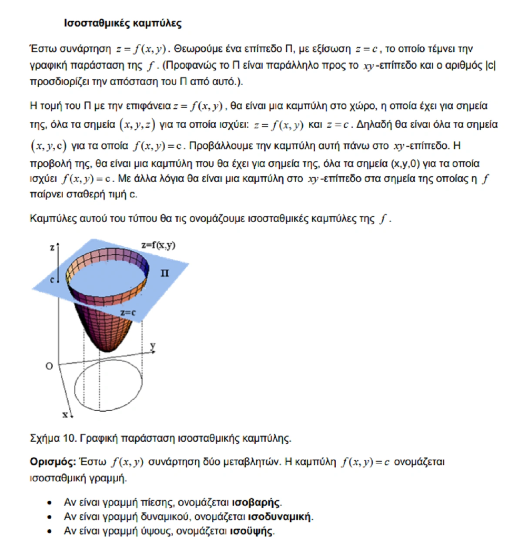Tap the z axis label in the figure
(x=52, y=248)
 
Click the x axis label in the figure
(x=65, y=415)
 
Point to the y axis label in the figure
(x=153, y=346)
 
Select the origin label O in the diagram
(x=49, y=366)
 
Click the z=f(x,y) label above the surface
(x=158, y=245)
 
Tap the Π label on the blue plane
(x=164, y=273)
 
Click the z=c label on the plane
(x=128, y=313)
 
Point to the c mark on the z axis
(x=52, y=280)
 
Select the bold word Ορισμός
(x=53, y=462)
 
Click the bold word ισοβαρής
(x=256, y=503)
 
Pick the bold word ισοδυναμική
(x=280, y=517)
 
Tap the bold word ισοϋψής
(x=251, y=531)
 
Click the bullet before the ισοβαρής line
(x=50, y=503)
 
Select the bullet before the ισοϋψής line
(x=50, y=531)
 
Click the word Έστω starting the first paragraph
(x=43, y=49)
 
